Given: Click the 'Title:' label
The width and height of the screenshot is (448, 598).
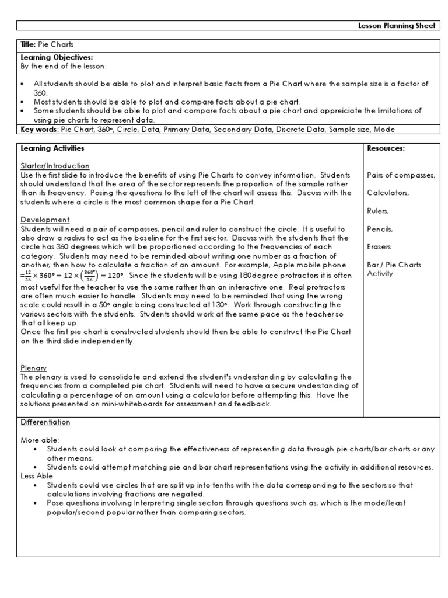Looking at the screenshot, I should [x=29, y=44].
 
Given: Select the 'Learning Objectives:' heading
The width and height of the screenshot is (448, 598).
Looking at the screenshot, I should [x=48, y=58].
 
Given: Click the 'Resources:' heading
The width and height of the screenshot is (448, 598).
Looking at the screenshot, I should [x=386, y=149].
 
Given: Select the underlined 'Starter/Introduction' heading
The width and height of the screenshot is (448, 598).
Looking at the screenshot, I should [x=55, y=166].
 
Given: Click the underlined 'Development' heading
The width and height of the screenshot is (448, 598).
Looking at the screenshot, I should [x=45, y=220].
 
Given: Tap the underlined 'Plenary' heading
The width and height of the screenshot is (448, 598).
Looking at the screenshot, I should [x=33, y=368].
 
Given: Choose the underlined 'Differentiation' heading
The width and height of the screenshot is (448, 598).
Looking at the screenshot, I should [x=45, y=422].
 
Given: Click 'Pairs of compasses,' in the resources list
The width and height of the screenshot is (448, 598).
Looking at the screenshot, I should [x=401, y=175].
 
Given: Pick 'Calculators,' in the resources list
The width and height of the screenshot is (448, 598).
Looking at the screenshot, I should [x=388, y=193].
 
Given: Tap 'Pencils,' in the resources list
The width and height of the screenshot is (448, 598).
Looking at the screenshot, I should [x=380, y=229].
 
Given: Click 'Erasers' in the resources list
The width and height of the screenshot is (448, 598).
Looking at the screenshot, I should [x=379, y=247].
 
